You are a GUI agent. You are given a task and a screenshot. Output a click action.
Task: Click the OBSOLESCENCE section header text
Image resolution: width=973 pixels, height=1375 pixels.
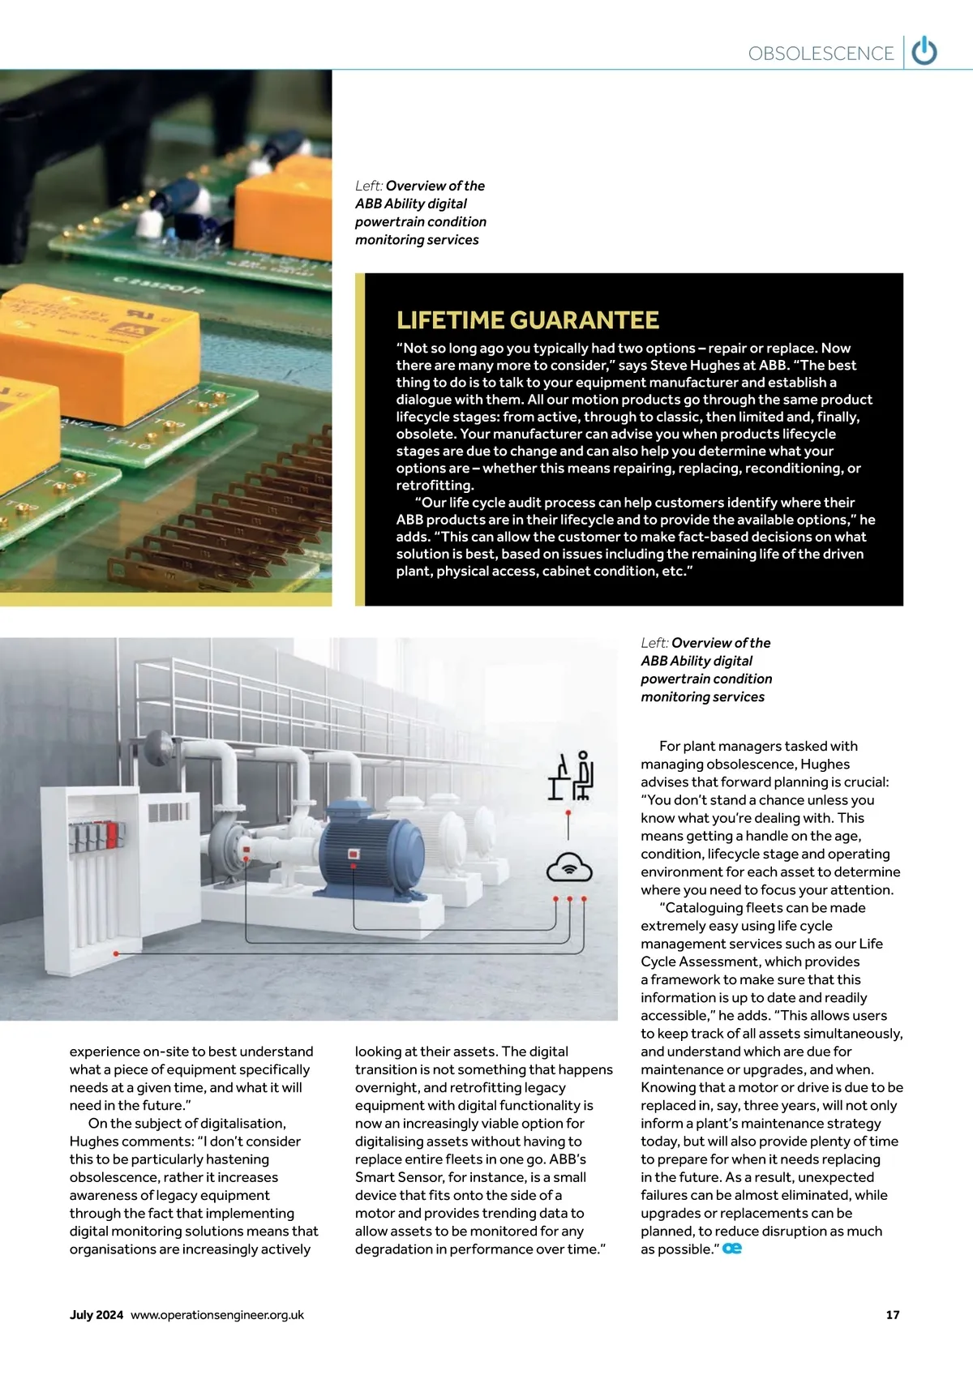click(x=821, y=54)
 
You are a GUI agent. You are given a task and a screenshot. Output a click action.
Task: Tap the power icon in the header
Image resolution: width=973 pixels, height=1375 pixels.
click(x=924, y=52)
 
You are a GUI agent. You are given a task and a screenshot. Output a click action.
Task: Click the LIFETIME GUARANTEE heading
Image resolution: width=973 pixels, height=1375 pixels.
click(x=528, y=320)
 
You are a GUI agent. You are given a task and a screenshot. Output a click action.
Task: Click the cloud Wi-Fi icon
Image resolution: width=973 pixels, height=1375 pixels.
click(x=569, y=867)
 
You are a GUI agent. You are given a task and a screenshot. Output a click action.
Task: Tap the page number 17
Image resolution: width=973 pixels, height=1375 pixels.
click(x=893, y=1314)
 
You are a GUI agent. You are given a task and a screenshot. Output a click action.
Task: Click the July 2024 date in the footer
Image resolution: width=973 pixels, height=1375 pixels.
click(x=96, y=1314)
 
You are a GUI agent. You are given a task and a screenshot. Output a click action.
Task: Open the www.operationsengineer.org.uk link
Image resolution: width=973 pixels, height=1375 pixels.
click(x=217, y=1314)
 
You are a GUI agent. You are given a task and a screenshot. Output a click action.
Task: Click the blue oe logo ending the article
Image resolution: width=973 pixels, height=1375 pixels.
click(x=732, y=1249)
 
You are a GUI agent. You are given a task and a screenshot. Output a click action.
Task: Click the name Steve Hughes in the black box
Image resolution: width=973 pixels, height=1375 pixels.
click(x=693, y=365)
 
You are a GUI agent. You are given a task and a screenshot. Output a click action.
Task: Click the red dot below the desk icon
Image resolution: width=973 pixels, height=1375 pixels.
click(x=568, y=812)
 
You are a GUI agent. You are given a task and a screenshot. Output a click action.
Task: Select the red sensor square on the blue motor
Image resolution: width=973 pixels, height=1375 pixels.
click(x=353, y=854)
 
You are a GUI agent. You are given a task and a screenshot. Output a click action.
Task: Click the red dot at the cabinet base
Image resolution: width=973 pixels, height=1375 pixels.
click(x=117, y=953)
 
